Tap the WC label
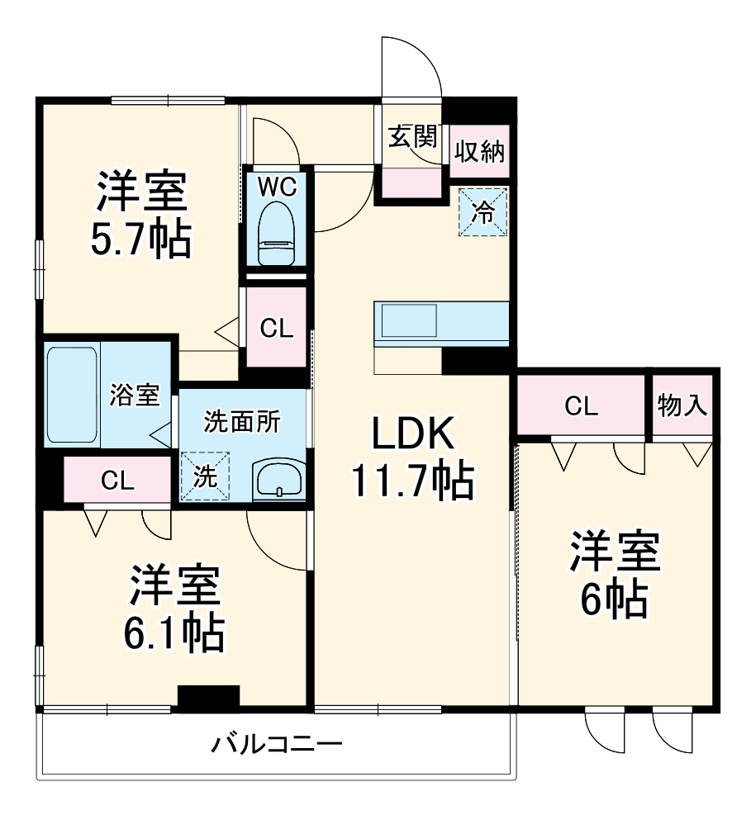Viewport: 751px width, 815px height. [276, 187]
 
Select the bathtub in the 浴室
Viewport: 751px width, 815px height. [73, 395]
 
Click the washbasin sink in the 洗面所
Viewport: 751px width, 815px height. [279, 480]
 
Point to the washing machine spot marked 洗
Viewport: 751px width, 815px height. [202, 476]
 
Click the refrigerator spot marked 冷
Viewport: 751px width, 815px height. [481, 212]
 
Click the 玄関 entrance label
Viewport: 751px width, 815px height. [412, 137]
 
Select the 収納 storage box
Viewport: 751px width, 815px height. [480, 152]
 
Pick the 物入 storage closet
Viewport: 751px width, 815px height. [682, 405]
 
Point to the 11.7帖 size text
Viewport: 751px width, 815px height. [412, 481]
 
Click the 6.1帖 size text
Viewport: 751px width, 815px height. [173, 632]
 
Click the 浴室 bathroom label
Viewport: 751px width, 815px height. [135, 395]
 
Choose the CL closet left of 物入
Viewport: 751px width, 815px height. [581, 405]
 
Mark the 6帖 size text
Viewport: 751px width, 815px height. [613, 599]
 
